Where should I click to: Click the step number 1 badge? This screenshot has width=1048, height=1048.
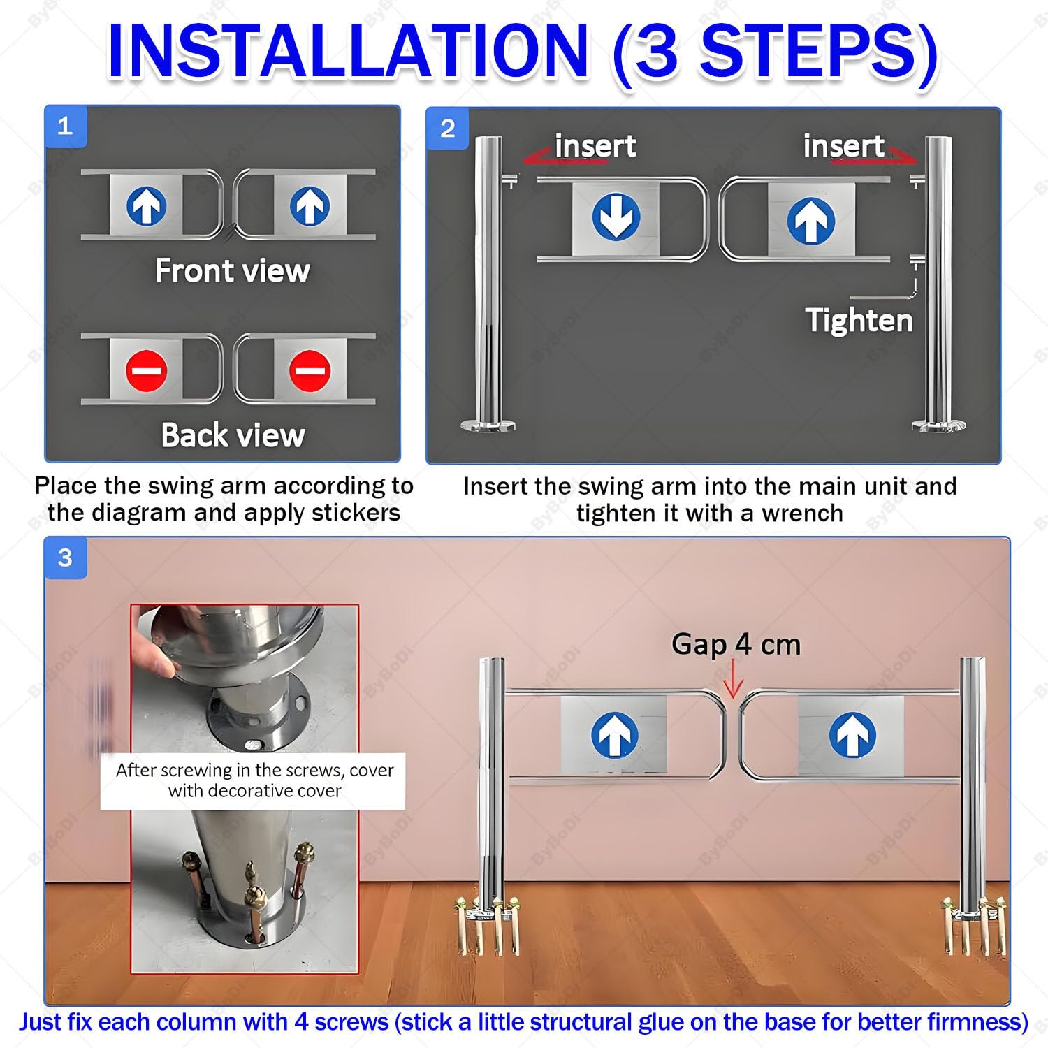pos(66,126)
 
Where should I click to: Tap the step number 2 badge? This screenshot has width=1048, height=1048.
pos(448,129)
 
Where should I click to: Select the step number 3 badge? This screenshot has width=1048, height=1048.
pos(66,558)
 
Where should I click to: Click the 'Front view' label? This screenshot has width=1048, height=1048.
pos(233,270)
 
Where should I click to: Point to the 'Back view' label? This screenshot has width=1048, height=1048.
pos(233,435)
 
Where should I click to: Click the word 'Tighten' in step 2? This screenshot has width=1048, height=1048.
pos(859,321)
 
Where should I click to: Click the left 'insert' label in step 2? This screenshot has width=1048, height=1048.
pos(595,146)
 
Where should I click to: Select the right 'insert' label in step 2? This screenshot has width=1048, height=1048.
pos(844,146)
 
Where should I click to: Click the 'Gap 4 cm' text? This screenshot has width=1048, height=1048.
pos(736,644)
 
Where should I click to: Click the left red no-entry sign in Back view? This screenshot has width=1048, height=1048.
pos(147,370)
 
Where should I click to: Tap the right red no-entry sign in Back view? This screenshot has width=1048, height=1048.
pos(310,370)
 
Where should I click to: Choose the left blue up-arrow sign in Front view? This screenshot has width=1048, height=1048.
pos(147,206)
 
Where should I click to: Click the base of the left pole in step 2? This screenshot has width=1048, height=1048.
pos(488,424)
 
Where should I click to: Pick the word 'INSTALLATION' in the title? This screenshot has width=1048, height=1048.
pos(347,52)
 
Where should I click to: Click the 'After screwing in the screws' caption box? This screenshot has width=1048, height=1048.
pos(253,781)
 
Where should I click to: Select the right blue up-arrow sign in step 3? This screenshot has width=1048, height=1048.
pos(852,735)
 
